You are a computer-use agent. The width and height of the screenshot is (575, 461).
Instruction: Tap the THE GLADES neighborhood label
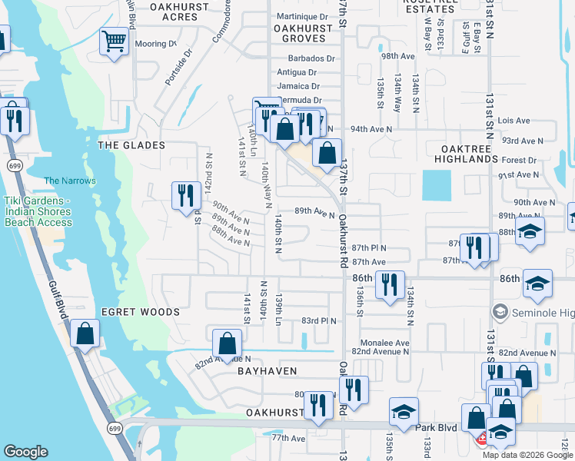pyautogui.click(x=131, y=145)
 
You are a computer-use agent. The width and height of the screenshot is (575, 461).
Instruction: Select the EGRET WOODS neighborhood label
pyautogui.click(x=141, y=312)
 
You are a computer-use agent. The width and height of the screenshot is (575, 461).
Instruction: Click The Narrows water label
pyautogui.click(x=70, y=181)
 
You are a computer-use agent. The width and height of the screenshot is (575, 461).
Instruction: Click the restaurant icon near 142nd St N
pyautogui.click(x=184, y=195)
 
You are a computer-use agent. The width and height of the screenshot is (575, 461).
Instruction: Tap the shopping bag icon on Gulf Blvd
pyautogui.click(x=85, y=333)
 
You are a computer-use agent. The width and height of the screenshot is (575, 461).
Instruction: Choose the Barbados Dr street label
pyautogui.click(x=312, y=58)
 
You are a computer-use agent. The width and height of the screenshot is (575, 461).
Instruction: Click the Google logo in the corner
pyautogui.click(x=26, y=452)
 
